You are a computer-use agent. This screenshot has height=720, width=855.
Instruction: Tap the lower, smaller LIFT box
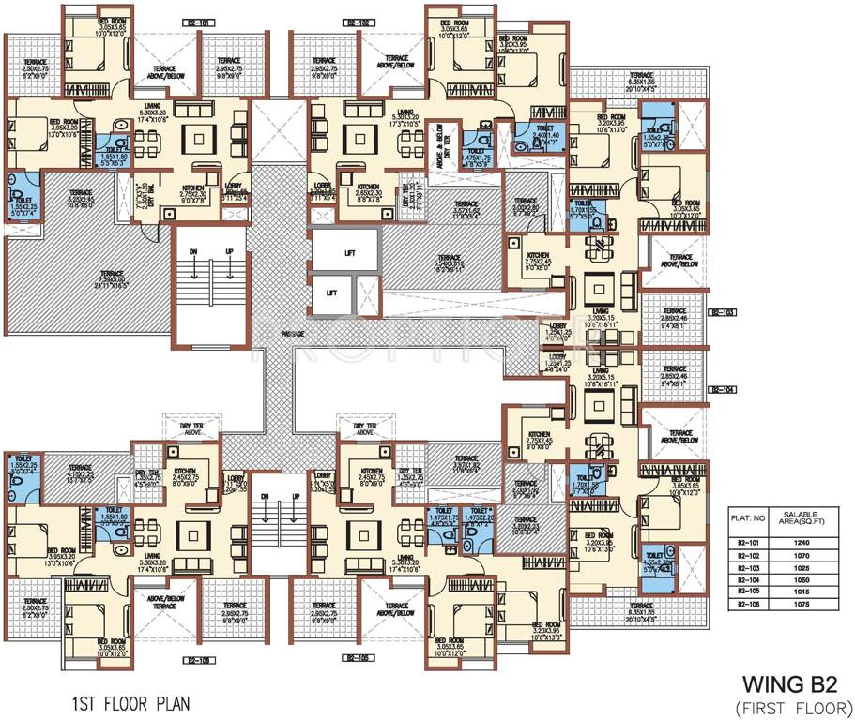pos(331,292)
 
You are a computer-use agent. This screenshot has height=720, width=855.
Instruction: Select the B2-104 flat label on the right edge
pos(722,387)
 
